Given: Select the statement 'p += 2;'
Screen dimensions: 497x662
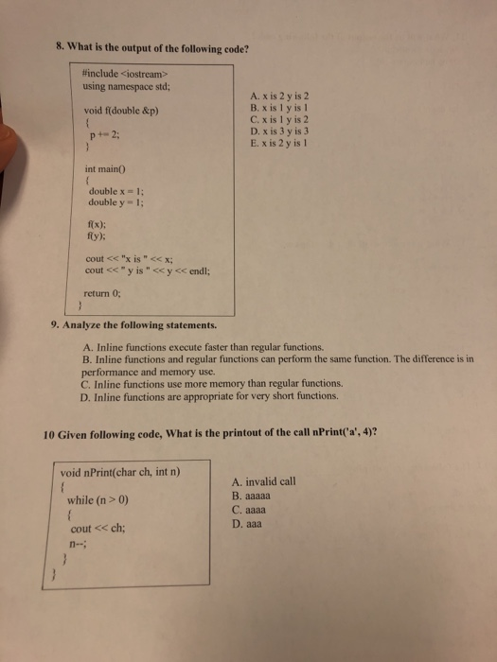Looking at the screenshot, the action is click(x=104, y=133).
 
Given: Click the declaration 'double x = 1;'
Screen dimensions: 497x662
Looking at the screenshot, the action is click(x=116, y=192).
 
